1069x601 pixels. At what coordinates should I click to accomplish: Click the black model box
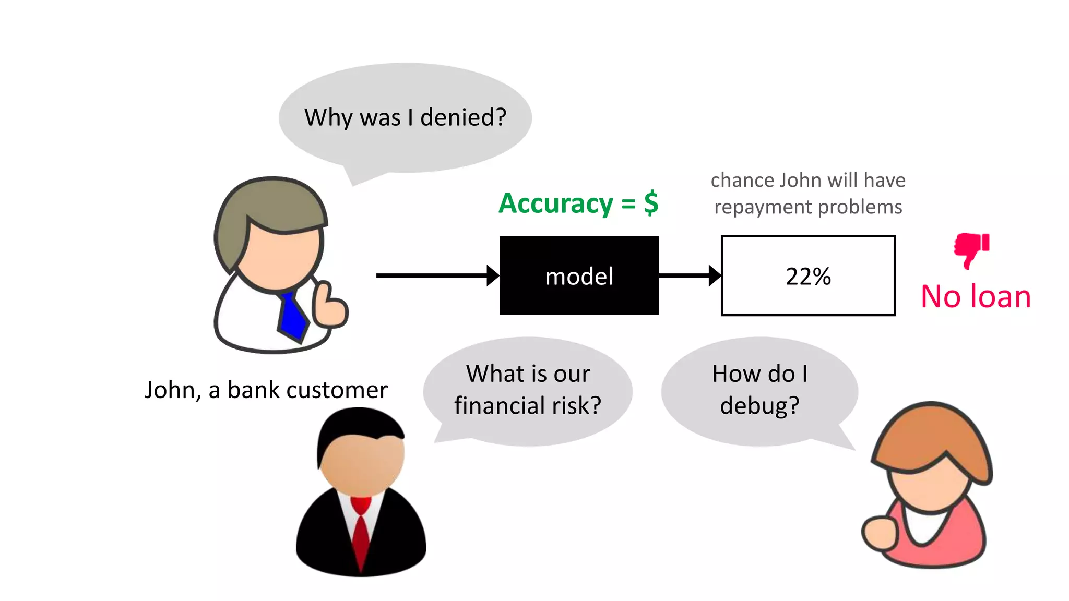pyautogui.click(x=579, y=275)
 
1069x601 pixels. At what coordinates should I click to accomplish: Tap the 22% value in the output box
pyautogui.click(x=808, y=276)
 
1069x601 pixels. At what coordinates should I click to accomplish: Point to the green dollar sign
pyautogui.click(x=651, y=203)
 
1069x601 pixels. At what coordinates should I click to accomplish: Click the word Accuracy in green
pyautogui.click(x=556, y=203)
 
